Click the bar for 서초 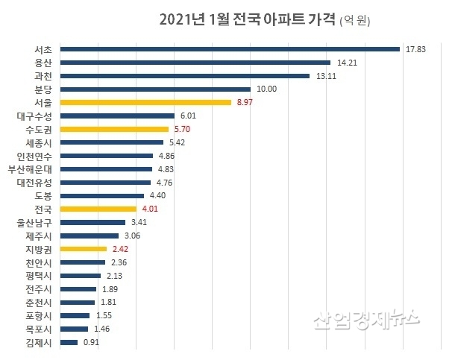point(230,49)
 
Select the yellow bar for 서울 point(145,102)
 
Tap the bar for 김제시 point(69,342)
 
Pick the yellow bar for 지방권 point(84,249)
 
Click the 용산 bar point(195,63)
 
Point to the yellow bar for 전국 point(98,209)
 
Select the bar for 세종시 point(111,142)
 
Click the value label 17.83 point(415,49)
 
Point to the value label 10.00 point(266,89)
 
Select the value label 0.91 point(90,342)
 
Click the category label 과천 point(43,76)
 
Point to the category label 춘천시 point(38,302)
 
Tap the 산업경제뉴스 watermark point(366,320)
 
